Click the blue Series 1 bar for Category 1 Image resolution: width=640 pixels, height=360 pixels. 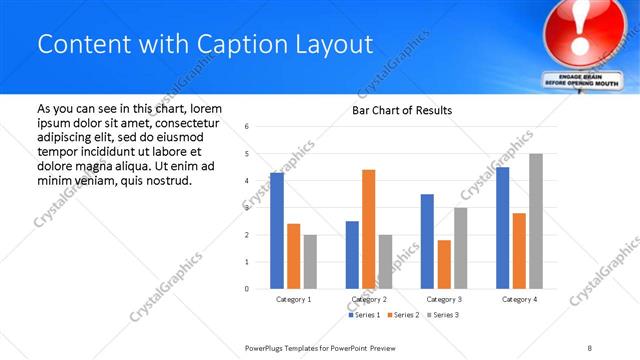(277, 231)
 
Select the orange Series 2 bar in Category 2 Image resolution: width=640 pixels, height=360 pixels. (368, 229)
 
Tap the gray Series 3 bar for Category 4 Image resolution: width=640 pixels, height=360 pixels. (536, 221)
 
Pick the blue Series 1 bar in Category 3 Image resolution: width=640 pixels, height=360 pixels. (427, 241)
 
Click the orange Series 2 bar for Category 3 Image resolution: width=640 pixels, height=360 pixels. (444, 264)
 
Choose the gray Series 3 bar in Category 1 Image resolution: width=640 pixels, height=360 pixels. (310, 262)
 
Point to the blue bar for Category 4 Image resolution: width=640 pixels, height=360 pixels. (502, 228)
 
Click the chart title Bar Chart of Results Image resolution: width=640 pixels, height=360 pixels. (402, 110)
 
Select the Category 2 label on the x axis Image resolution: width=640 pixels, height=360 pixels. (369, 299)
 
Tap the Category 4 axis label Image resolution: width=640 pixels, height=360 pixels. (519, 299)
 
